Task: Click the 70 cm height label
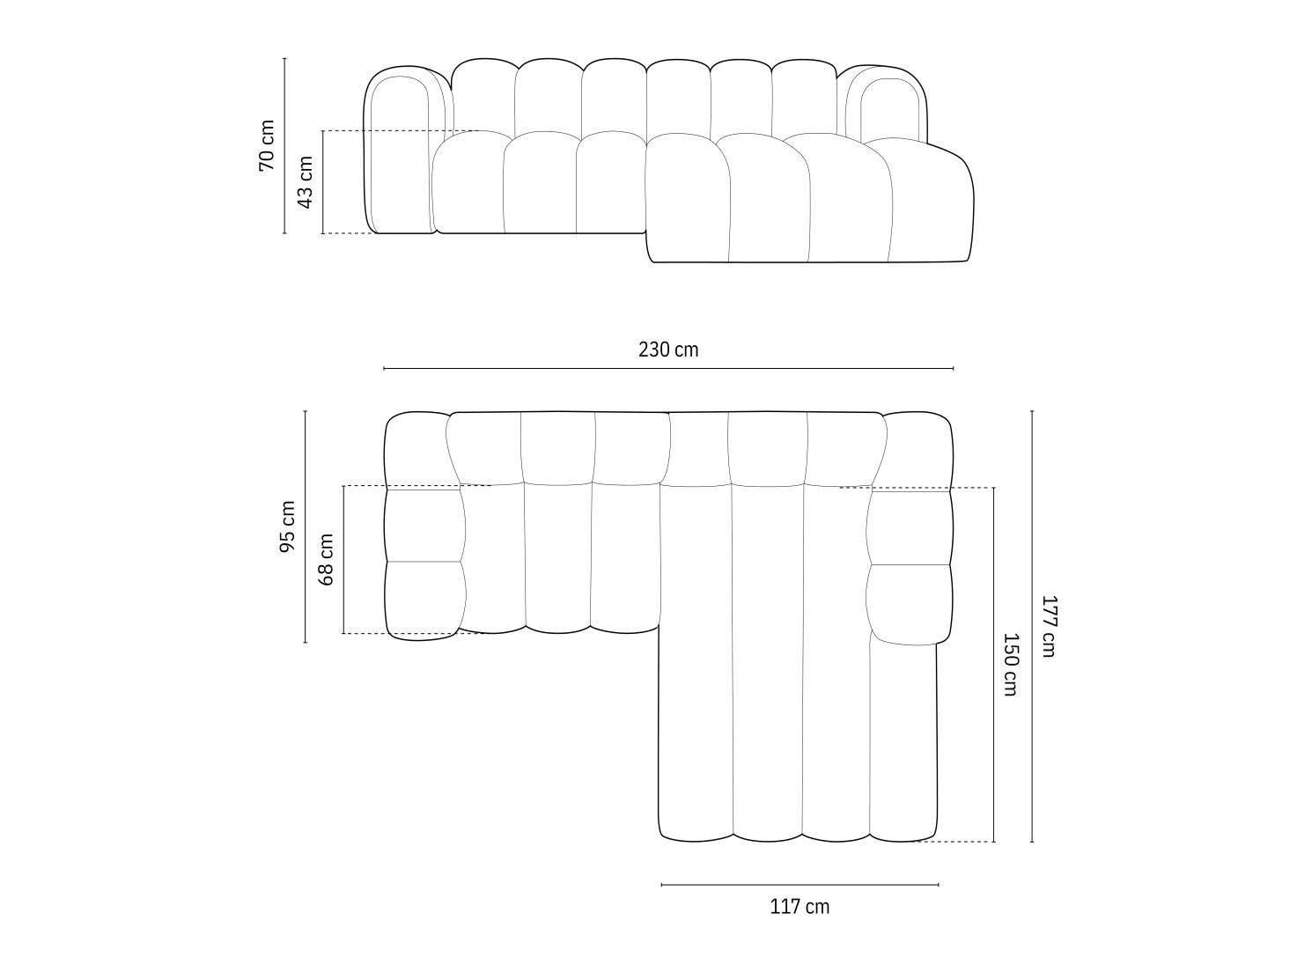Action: (x=267, y=144)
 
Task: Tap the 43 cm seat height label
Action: (x=306, y=181)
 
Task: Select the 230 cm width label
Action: (x=668, y=350)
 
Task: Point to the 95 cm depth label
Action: (x=287, y=526)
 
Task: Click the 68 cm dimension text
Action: (x=326, y=559)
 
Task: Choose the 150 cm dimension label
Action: (x=1011, y=664)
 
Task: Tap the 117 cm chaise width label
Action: (x=800, y=906)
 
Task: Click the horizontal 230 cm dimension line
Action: (x=668, y=368)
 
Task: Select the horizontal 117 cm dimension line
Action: (x=800, y=884)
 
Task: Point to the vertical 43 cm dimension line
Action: (x=323, y=211)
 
